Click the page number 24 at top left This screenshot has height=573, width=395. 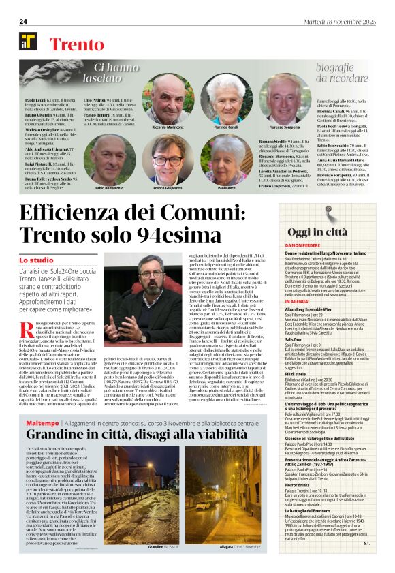tap(23, 22)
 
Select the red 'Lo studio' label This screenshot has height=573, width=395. tap(36, 260)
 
